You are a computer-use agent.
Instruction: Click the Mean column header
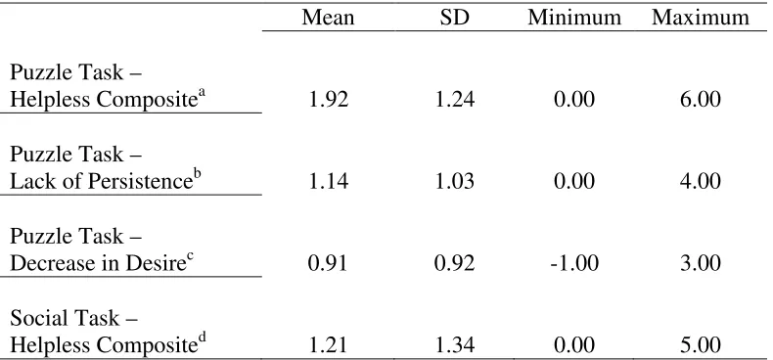pyautogui.click(x=328, y=18)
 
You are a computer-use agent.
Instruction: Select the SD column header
pyautogui.click(x=454, y=18)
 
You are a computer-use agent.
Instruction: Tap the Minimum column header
pyautogui.click(x=574, y=18)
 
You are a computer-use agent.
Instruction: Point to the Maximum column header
pyautogui.click(x=701, y=18)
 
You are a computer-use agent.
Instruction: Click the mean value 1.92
pyautogui.click(x=328, y=100)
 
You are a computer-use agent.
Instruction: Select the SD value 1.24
pyautogui.click(x=454, y=100)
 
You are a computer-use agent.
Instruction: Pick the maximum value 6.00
pyautogui.click(x=701, y=100)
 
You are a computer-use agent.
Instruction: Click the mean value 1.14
pyautogui.click(x=328, y=182)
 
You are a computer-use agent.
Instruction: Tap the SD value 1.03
pyautogui.click(x=454, y=182)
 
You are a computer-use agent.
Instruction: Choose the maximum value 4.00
pyautogui.click(x=701, y=182)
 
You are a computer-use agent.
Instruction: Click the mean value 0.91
pyautogui.click(x=328, y=263)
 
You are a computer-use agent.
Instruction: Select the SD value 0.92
pyautogui.click(x=454, y=263)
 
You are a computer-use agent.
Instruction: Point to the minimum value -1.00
pyautogui.click(x=574, y=263)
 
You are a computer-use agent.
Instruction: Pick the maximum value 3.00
pyautogui.click(x=701, y=263)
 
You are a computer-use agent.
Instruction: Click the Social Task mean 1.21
pyautogui.click(x=328, y=345)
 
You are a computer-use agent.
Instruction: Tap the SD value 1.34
pyautogui.click(x=454, y=345)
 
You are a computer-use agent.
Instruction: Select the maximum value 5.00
pyautogui.click(x=701, y=345)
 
